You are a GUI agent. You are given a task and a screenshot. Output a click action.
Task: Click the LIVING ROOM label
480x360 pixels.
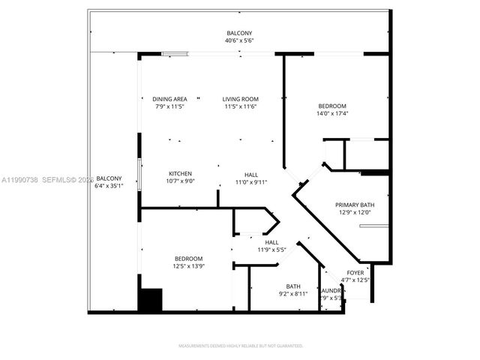pos(240,99)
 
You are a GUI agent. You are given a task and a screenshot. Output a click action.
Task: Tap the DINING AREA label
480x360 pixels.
pos(169,99)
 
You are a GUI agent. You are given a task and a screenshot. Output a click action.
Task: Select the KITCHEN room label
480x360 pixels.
pos(180,173)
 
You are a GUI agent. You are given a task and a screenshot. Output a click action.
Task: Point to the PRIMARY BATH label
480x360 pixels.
pos(355,205)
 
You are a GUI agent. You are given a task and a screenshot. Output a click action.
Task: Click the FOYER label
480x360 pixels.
pos(355,272)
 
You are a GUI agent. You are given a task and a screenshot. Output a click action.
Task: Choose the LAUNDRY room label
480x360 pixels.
pos(332,289)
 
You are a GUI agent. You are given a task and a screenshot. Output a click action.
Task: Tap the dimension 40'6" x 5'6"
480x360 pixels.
pos(240,40)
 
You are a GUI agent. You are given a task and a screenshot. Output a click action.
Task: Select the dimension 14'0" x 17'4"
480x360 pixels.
pos(332,113)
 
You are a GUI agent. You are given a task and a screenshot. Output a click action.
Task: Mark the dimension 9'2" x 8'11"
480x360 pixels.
pos(292,294)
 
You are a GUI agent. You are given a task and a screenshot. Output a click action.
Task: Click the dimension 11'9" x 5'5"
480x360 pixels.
pos(271,250)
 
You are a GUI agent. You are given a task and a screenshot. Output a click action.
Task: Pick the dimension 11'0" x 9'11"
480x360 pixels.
pos(250,181)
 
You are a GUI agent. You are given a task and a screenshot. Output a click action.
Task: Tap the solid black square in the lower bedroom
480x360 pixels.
pos(151,300)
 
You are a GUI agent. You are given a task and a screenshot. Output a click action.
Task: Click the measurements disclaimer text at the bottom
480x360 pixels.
pos(240,346)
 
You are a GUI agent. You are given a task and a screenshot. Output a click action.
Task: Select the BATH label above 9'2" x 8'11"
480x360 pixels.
pos(292,286)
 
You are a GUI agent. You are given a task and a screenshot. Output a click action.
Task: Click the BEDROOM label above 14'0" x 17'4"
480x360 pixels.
pos(332,106)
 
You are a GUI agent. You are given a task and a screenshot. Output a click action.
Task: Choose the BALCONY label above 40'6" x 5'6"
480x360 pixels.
pos(240,32)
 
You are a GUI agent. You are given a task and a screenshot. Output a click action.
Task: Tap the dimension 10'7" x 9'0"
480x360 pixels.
pos(180,181)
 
